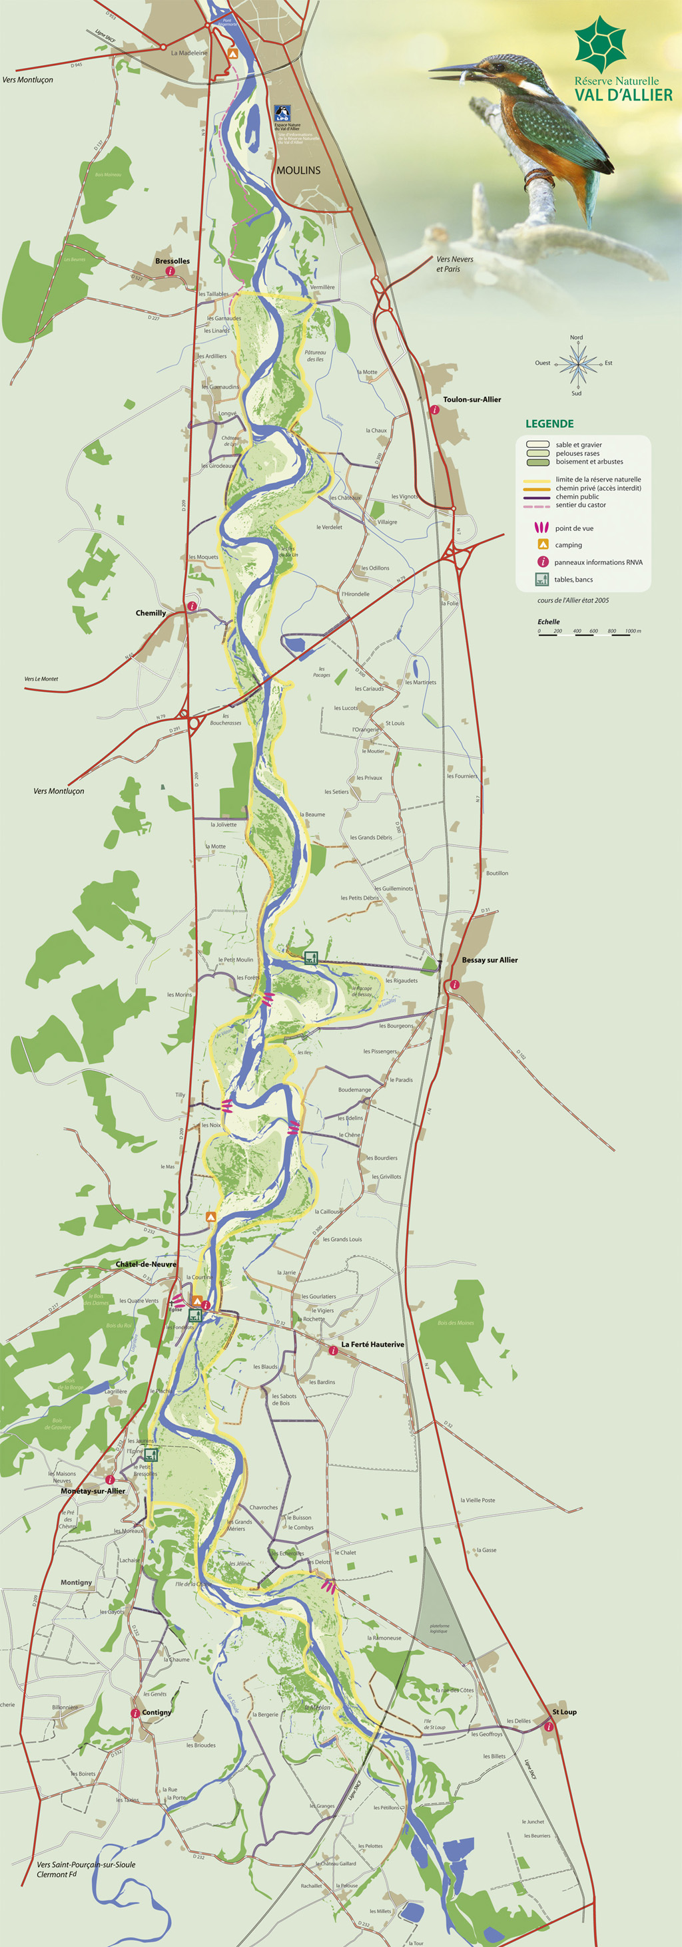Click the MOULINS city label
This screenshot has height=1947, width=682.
pos(298,170)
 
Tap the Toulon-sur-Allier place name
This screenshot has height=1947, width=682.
pos(472,399)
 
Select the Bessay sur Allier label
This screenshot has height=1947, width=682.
pos(490,960)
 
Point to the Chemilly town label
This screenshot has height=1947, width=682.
pos(151,613)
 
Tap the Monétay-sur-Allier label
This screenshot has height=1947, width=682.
pos(93,1491)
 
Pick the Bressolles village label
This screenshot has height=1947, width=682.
pos(172,261)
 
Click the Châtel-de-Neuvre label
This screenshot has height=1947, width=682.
pos(146,1264)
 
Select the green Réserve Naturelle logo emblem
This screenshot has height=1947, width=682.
pos(601,43)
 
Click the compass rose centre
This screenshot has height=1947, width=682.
pos(577,364)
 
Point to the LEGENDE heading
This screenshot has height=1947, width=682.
pos(549,424)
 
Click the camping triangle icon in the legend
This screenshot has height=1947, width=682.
pos(542,545)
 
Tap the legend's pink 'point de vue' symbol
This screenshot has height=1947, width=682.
pos(541,528)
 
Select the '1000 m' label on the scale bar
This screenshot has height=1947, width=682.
pos(633,630)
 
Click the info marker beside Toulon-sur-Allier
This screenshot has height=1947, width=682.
pos(435,410)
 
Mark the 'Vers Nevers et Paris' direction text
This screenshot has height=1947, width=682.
pos(454,264)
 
